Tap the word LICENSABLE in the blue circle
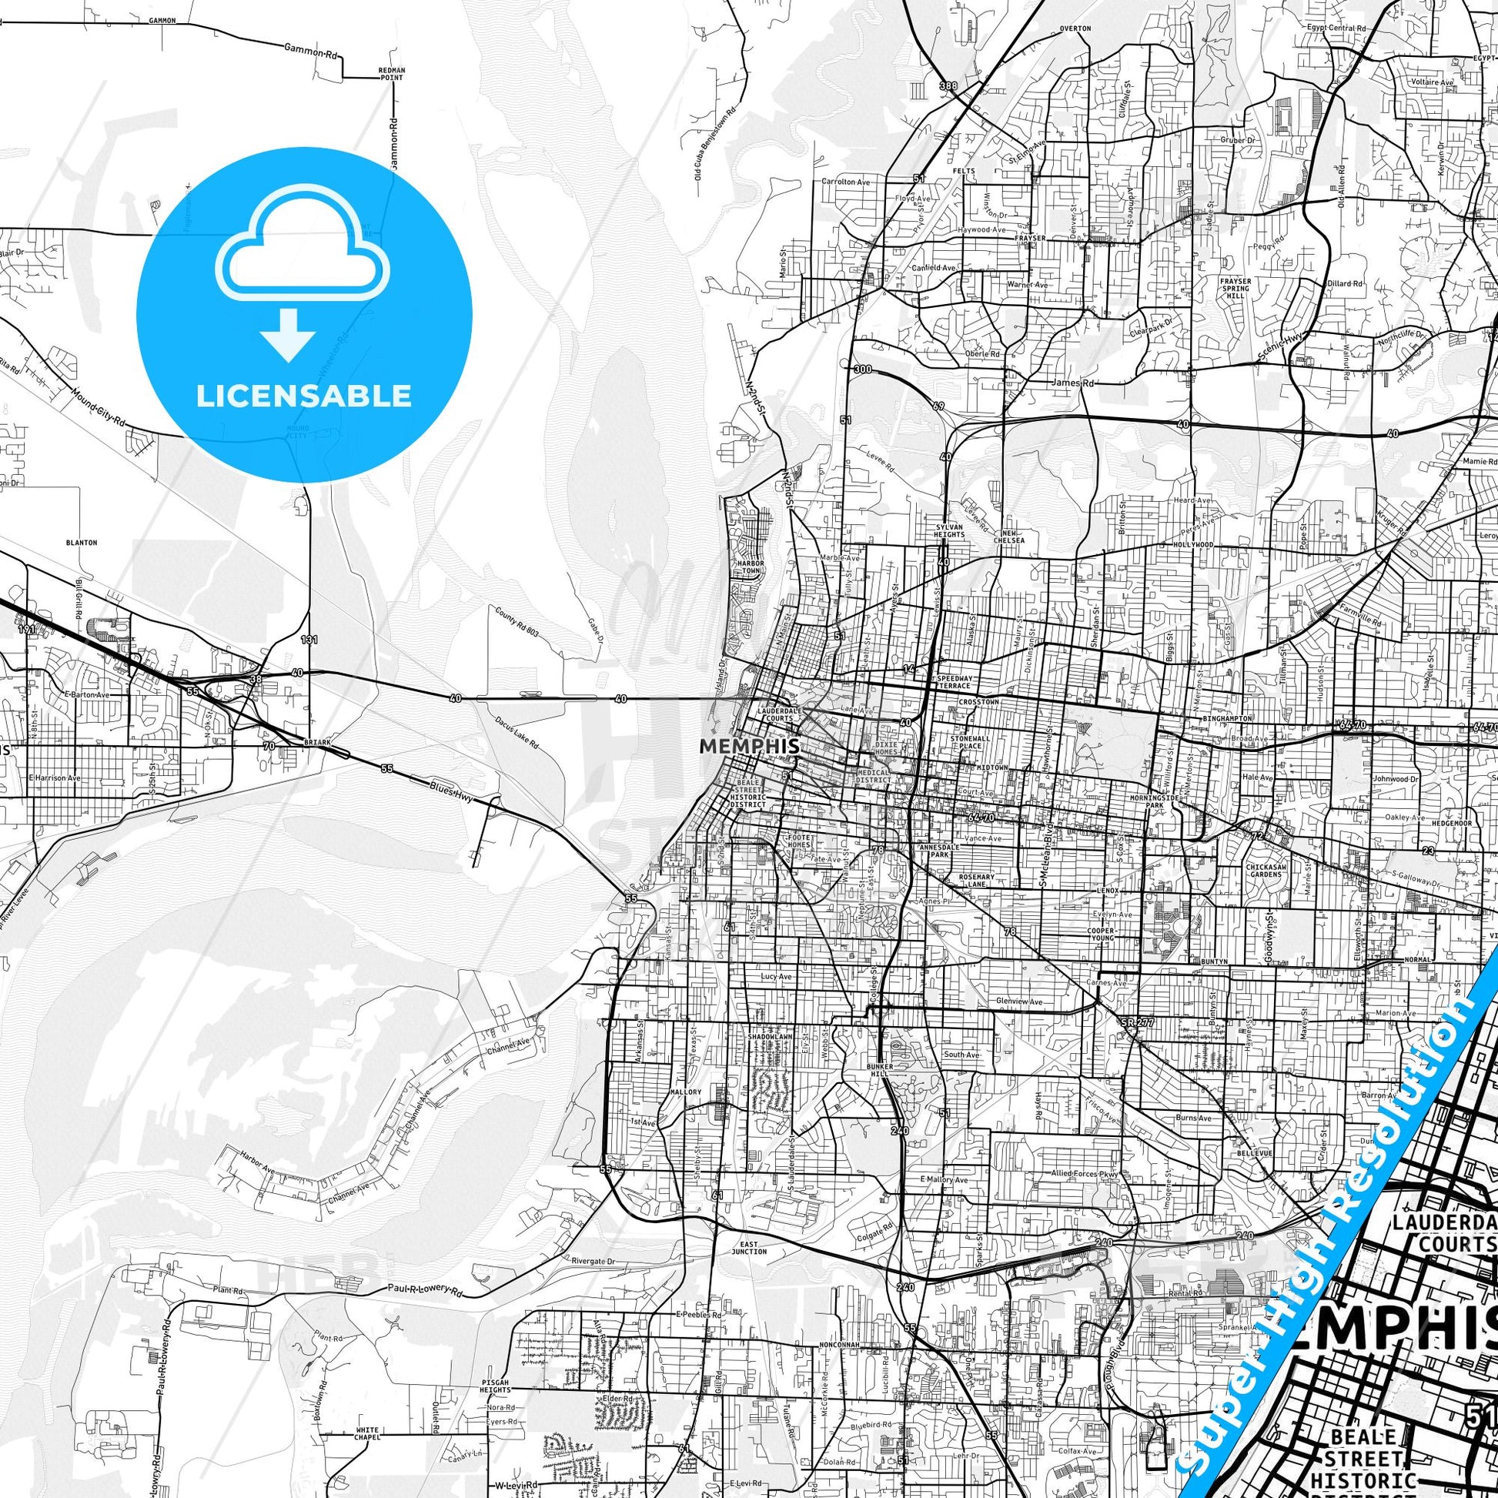(x=303, y=396)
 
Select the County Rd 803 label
(x=516, y=623)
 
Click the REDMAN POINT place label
(x=392, y=73)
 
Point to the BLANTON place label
(x=82, y=543)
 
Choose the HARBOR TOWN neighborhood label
(x=751, y=567)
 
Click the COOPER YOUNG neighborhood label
(x=1101, y=935)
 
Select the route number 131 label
(x=309, y=640)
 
